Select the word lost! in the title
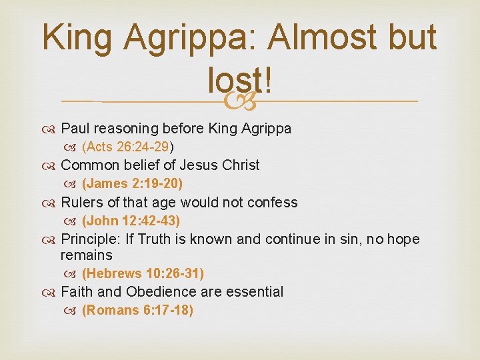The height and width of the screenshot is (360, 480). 239,81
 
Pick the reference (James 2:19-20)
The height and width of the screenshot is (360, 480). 132,183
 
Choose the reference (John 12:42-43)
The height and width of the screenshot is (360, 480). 131,220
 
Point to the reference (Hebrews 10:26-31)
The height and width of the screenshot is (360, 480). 143,273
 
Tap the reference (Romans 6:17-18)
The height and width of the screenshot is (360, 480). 137,310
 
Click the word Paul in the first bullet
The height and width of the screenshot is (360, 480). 75,129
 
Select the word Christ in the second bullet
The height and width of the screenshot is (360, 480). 239,165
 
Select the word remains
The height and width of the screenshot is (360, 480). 86,255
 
